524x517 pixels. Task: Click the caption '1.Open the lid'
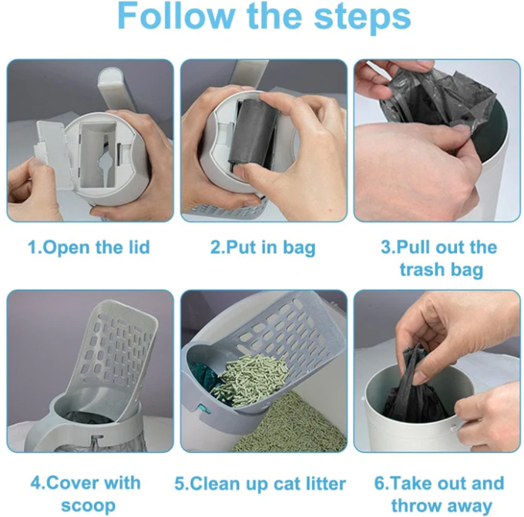tap(89, 247)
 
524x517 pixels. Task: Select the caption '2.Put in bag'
tap(263, 247)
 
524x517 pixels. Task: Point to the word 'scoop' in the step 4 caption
tap(89, 505)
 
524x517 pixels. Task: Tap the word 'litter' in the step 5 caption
tap(320, 484)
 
